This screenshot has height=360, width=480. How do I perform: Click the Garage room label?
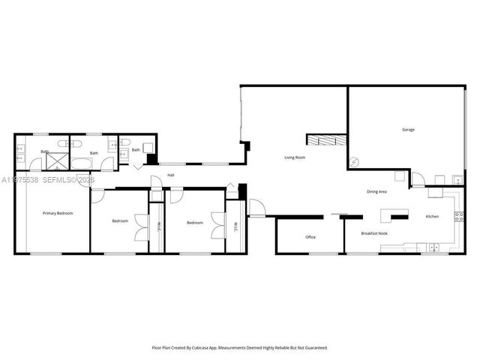408,130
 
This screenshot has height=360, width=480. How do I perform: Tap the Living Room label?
294,157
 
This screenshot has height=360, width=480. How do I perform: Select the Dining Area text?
376,192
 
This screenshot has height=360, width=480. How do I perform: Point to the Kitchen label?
432,217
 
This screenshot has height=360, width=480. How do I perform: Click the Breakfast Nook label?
373,233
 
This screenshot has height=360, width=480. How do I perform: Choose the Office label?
310,237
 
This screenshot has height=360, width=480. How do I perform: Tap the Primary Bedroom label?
58,214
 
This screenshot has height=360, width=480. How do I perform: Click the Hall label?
171,175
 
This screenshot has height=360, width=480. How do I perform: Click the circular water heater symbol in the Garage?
355,161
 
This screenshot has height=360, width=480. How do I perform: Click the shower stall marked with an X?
57,159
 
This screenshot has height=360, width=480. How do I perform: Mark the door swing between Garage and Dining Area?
417,180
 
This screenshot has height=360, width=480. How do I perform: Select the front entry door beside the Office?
256,208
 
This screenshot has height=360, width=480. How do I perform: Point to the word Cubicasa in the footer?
216,348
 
